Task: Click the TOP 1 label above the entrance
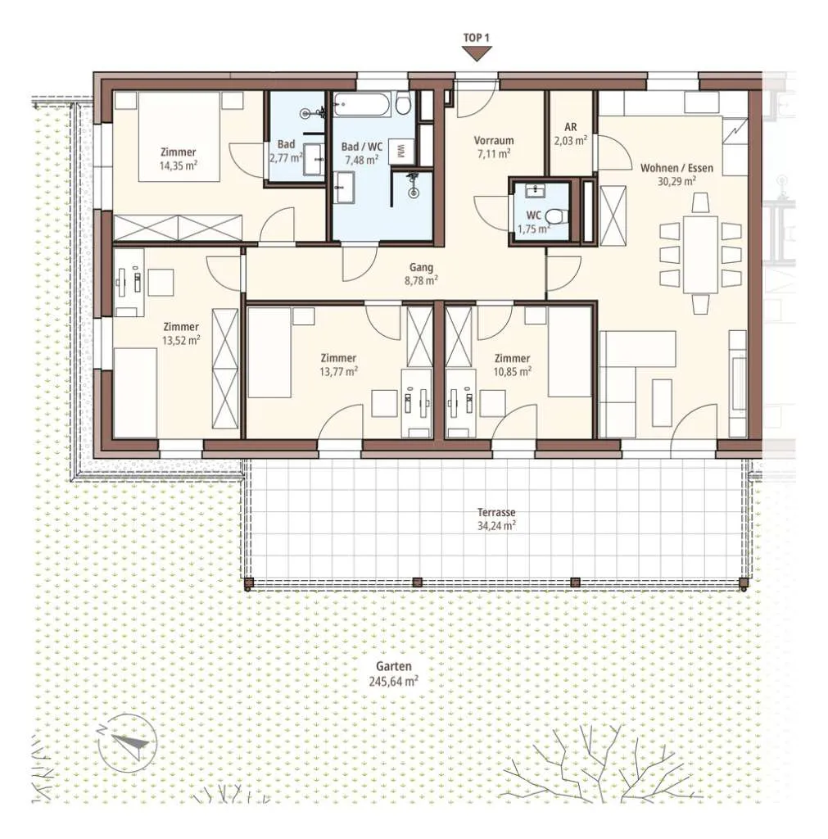pos(476,38)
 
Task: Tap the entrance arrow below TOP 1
pos(477,53)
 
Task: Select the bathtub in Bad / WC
pos(362,104)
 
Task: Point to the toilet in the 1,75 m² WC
pos(556,216)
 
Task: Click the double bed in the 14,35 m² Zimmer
pos(179,137)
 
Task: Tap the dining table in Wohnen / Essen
pos(700,254)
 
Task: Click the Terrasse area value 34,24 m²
pos(496,526)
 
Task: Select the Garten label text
pos(394,667)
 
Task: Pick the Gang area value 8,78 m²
pos(422,281)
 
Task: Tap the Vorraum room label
pos(494,141)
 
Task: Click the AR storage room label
pos(571,127)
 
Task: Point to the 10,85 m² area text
pos(513,371)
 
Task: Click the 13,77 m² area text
pos(338,371)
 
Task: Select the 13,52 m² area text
pos(181,340)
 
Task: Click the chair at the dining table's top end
pos(700,203)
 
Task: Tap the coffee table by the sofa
pos(663,395)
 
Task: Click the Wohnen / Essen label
pos(676,168)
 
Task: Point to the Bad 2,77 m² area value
pos(286,158)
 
